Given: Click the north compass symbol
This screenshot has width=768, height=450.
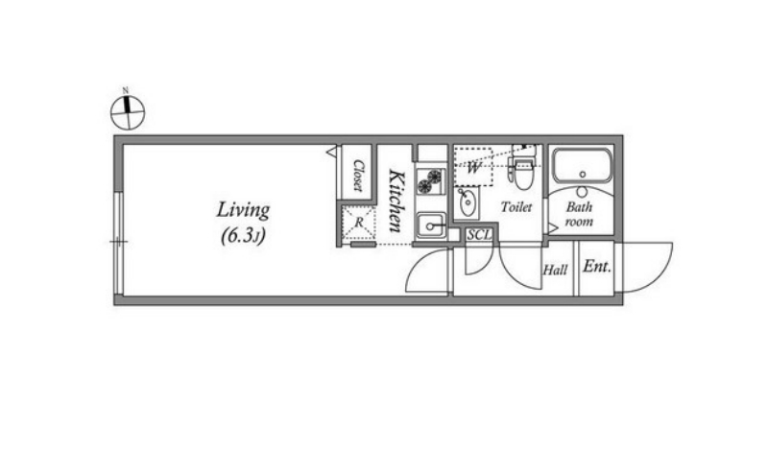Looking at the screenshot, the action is (x=128, y=112).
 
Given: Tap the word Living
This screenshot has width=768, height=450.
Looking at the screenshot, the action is (x=243, y=210).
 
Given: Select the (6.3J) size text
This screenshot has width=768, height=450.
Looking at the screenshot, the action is (x=243, y=236).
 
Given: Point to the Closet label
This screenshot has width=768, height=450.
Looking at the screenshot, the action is (x=358, y=176).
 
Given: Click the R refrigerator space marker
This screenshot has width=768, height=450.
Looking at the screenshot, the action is (x=359, y=223).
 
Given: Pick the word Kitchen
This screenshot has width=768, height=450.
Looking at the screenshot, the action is (x=396, y=201).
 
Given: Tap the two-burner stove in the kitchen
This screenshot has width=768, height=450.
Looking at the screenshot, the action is (x=430, y=180).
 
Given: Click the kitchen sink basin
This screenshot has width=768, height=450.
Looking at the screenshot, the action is (x=430, y=225).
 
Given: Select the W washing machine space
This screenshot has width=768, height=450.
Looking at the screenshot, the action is (x=473, y=167).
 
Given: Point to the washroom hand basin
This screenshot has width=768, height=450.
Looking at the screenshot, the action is (x=468, y=201).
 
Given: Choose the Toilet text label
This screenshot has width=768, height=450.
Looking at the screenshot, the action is (x=516, y=207).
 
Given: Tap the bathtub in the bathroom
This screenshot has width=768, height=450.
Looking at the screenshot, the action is (x=583, y=165).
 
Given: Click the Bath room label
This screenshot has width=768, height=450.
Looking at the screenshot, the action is (x=580, y=214).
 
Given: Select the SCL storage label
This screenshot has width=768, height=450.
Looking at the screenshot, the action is (x=478, y=235).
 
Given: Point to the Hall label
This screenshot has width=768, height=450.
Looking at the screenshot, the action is (x=555, y=270).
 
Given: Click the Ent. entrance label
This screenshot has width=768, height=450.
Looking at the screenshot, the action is (x=597, y=267).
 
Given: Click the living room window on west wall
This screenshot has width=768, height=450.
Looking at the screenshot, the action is (x=118, y=242).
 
